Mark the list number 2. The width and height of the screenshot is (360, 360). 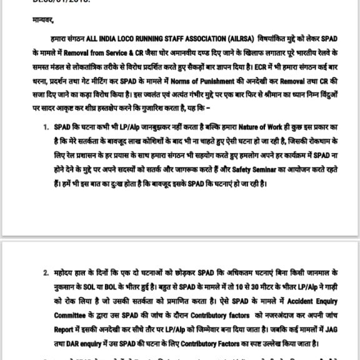click(46, 273)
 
